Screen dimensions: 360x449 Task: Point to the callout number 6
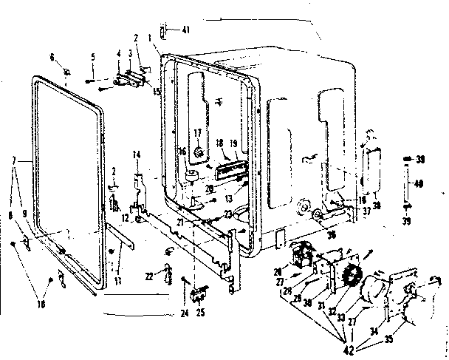click(x=52, y=58)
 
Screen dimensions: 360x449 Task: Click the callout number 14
click(x=136, y=154)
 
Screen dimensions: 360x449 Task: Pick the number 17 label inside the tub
click(x=197, y=132)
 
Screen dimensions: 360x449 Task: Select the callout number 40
click(x=417, y=184)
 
